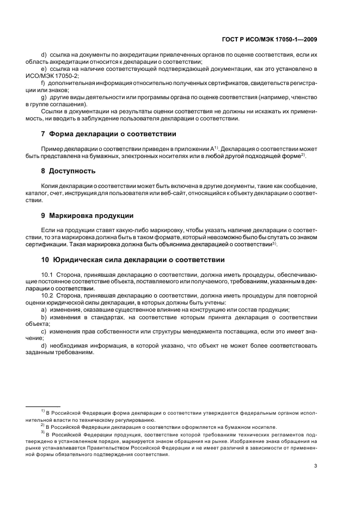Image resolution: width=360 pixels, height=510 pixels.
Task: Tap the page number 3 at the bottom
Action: pyautogui.click(x=316, y=466)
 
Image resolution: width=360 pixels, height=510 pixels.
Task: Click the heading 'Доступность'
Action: pyautogui.click(x=72, y=171)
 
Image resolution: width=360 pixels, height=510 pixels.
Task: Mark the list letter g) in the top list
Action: pyautogui.click(x=44, y=97)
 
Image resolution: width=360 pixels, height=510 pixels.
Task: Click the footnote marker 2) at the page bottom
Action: pyautogui.click(x=42, y=426)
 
